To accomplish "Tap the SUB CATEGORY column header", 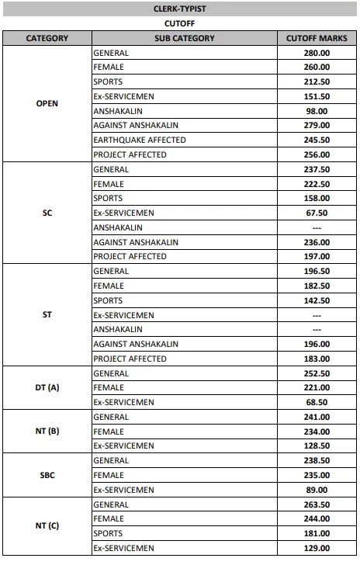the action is [x=184, y=38].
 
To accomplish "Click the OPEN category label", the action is [x=47, y=103].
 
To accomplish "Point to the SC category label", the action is [x=47, y=213].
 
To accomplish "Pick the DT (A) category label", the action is [x=47, y=387].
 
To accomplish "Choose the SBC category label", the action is [x=47, y=474].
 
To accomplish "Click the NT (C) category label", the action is [x=47, y=526].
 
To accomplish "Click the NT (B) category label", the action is [x=47, y=431].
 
